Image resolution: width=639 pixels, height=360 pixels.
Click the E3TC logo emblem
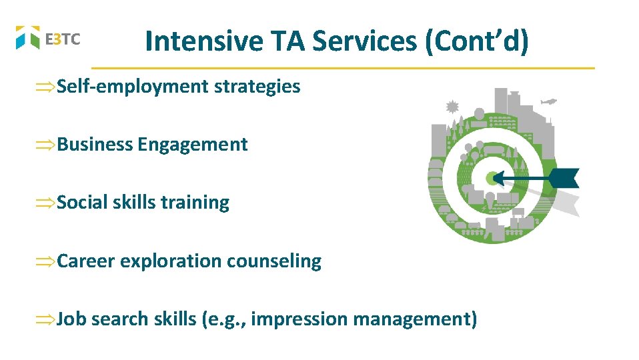[28, 37]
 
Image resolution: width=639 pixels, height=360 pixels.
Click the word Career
[86, 261]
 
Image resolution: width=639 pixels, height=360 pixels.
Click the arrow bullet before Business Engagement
[46, 145]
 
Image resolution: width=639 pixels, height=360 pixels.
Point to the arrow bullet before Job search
[46, 319]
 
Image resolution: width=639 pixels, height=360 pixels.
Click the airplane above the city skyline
[548, 101]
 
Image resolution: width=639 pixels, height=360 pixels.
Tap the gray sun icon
[452, 106]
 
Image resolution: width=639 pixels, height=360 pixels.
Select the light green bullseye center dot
[492, 178]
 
